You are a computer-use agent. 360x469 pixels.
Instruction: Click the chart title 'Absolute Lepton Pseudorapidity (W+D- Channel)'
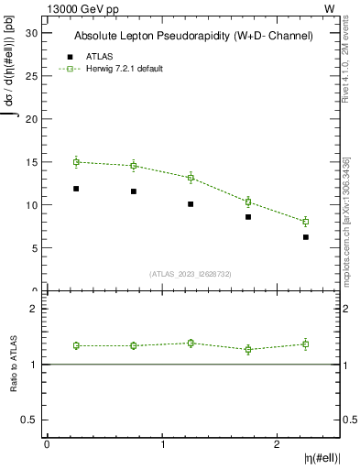(x=193, y=36)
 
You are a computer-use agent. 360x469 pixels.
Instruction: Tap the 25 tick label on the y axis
(x=34, y=75)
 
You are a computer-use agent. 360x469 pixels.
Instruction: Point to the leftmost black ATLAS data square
(x=76, y=189)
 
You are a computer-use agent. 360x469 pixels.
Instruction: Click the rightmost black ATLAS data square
(x=306, y=237)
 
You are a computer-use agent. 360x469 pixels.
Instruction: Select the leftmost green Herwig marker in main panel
(x=76, y=161)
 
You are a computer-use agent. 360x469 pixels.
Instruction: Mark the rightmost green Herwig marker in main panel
(x=306, y=222)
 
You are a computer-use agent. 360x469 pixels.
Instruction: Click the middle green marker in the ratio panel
(x=191, y=343)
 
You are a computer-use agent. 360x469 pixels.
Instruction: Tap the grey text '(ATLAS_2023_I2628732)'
(x=191, y=273)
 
